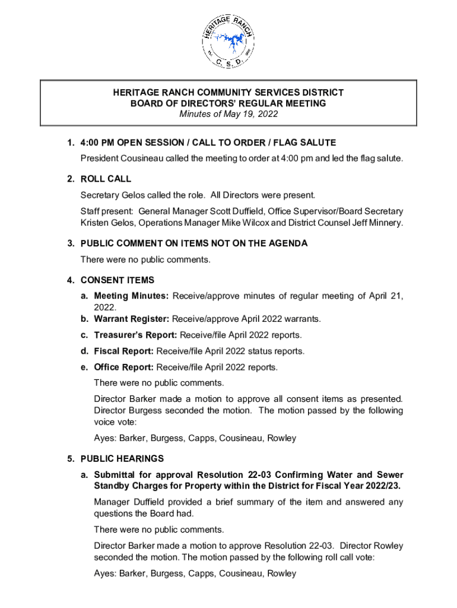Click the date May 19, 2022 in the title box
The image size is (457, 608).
point(250,114)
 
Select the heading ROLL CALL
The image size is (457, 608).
point(106,179)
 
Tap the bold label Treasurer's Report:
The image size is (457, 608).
point(135,335)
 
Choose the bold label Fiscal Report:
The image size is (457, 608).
point(124,351)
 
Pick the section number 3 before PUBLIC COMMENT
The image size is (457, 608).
point(70,243)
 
